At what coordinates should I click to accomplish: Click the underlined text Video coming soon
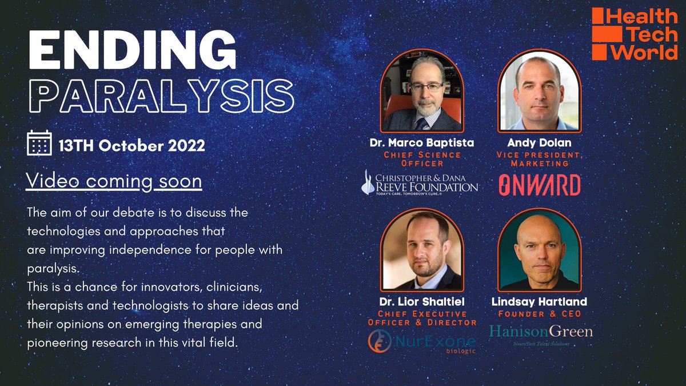114,181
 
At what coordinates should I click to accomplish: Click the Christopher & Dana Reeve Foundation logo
420,182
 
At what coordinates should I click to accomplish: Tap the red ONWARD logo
539,185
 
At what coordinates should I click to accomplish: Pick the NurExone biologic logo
422,342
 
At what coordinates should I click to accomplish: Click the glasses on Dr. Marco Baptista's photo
426,87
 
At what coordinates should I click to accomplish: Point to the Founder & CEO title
539,313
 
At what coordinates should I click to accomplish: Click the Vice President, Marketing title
539,158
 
